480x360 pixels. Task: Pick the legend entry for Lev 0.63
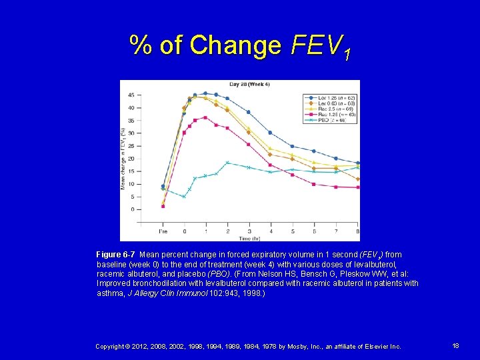(329, 103)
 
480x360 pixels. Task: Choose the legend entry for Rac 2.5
(329, 109)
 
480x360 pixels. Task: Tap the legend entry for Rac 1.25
(329, 115)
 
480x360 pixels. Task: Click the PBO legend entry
(329, 120)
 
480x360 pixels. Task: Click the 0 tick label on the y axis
(132, 209)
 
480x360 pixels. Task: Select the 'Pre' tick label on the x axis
(163, 231)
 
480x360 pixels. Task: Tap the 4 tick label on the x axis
(270, 231)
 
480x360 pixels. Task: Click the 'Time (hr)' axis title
(250, 237)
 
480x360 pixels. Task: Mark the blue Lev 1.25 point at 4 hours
(270, 133)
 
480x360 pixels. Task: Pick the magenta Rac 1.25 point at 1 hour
(205, 117)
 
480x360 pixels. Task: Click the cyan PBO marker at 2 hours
(227, 163)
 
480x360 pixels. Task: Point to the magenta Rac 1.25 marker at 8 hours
(358, 187)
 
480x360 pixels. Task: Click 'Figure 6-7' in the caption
(117, 255)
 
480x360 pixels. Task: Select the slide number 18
(455, 346)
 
